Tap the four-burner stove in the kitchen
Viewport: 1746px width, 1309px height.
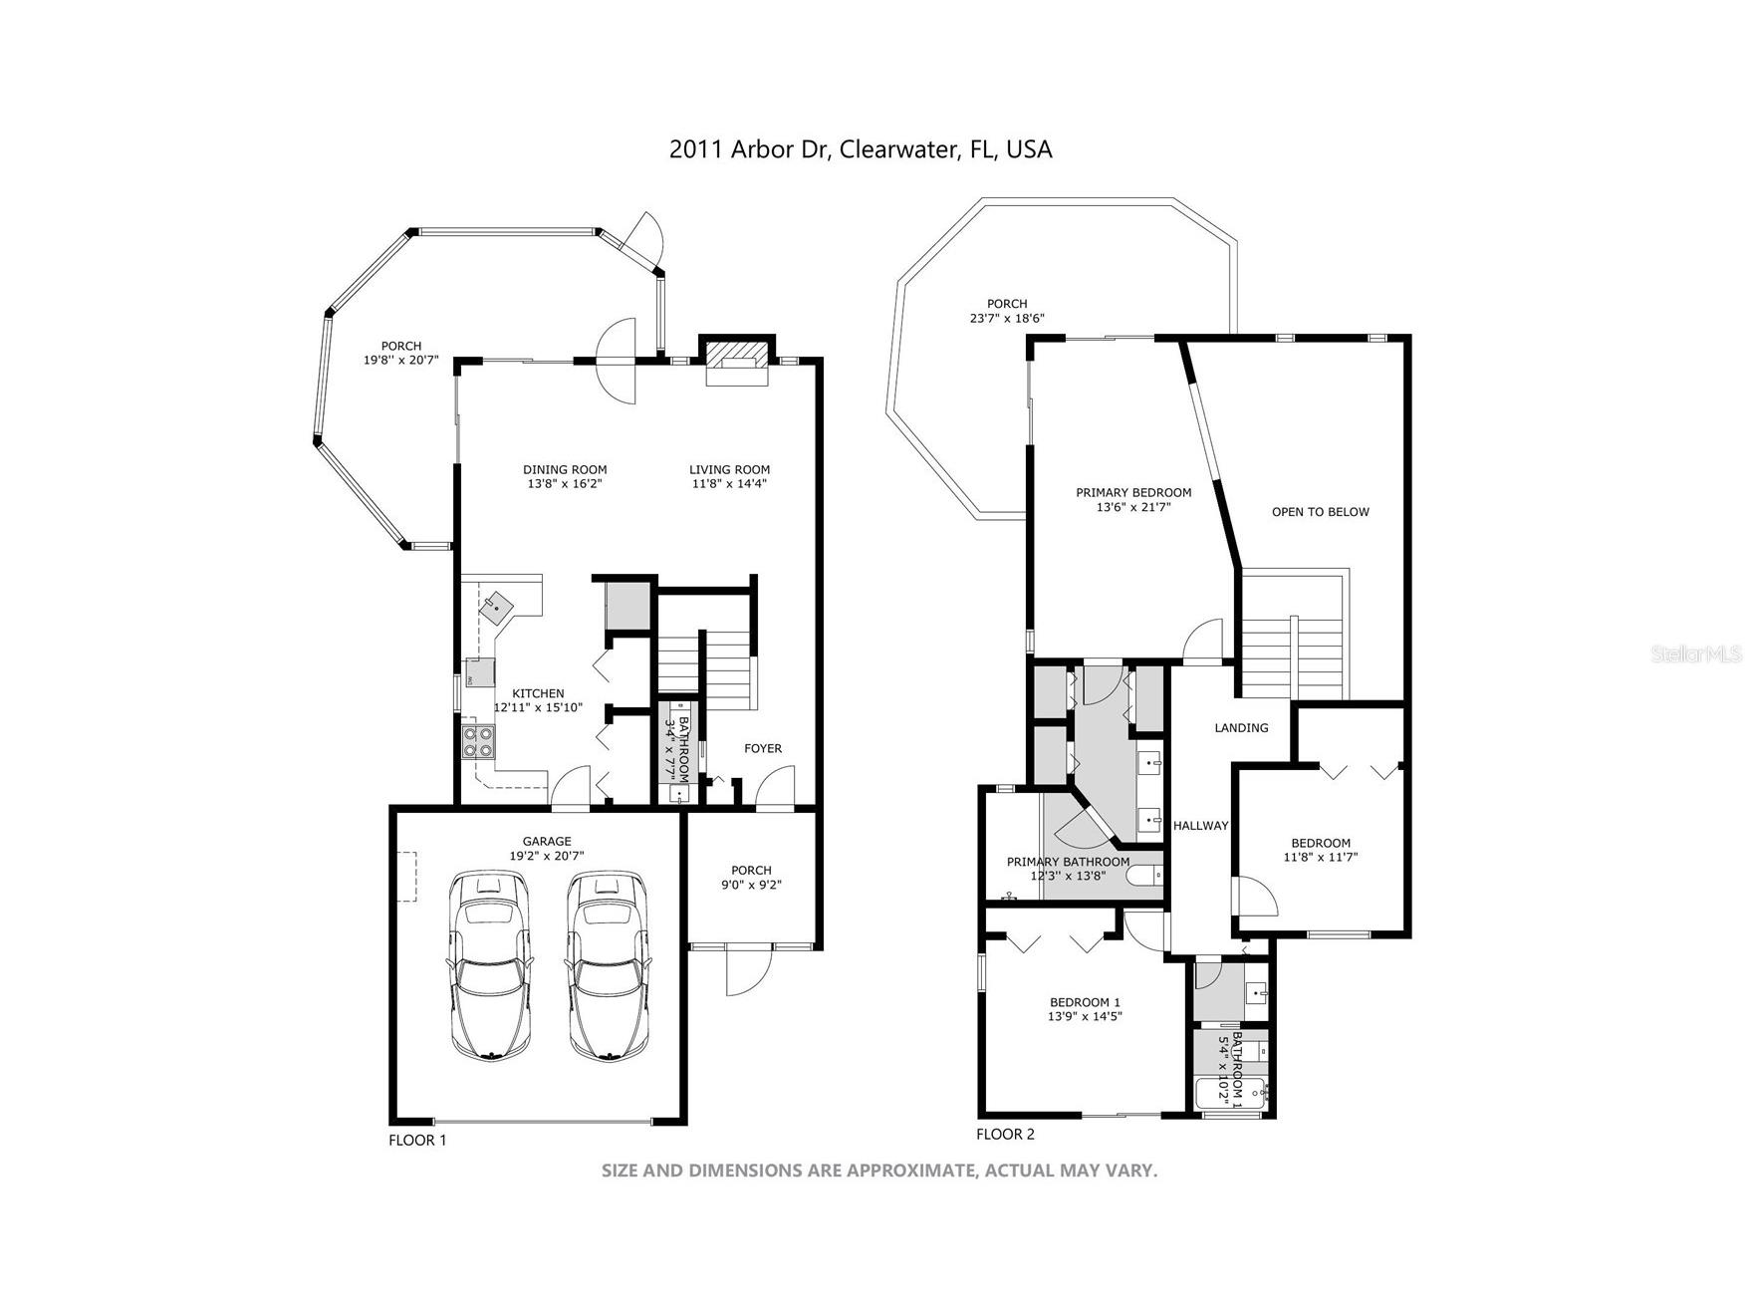(x=477, y=742)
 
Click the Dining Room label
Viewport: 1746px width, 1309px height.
(x=565, y=470)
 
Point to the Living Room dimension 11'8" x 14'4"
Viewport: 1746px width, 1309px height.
(x=729, y=484)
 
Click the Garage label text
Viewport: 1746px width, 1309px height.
(x=547, y=841)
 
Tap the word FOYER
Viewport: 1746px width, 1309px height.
(x=763, y=748)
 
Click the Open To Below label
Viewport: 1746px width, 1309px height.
(x=1320, y=512)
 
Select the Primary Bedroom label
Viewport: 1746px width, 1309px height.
(x=1133, y=492)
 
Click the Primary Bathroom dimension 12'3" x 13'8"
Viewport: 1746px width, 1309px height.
(x=1068, y=877)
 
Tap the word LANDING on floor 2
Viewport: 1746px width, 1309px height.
(x=1241, y=728)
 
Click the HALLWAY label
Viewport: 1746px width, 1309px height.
(x=1200, y=826)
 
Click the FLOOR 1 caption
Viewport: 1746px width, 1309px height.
(x=417, y=1140)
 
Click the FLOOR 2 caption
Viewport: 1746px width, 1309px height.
(x=1005, y=1134)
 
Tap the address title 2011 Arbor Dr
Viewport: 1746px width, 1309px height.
(x=860, y=149)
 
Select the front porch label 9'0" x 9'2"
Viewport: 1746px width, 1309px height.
(x=751, y=885)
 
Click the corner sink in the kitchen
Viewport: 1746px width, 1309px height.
(x=498, y=605)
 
